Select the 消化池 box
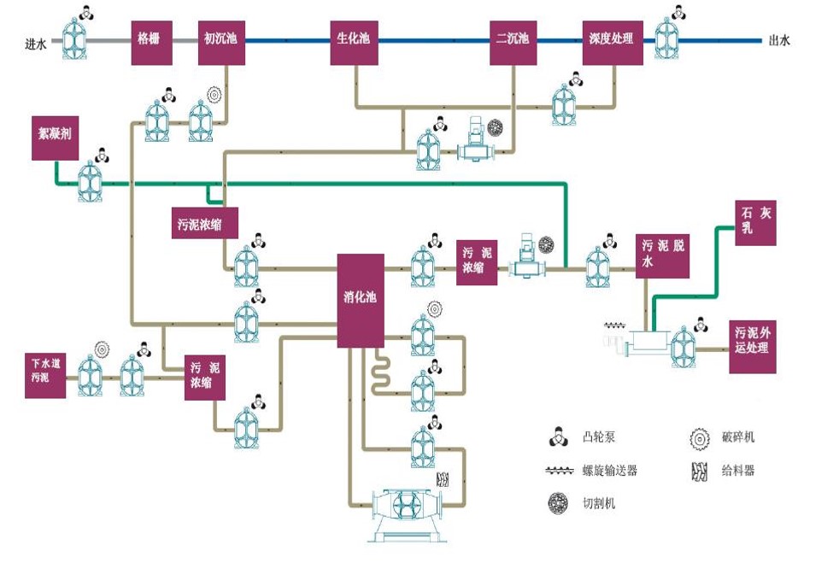click(x=361, y=300)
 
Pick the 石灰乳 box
click(x=756, y=222)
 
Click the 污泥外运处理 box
click(x=753, y=346)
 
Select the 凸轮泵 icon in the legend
click(x=559, y=438)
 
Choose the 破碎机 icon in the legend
click(x=699, y=438)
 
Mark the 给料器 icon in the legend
click(x=699, y=471)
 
